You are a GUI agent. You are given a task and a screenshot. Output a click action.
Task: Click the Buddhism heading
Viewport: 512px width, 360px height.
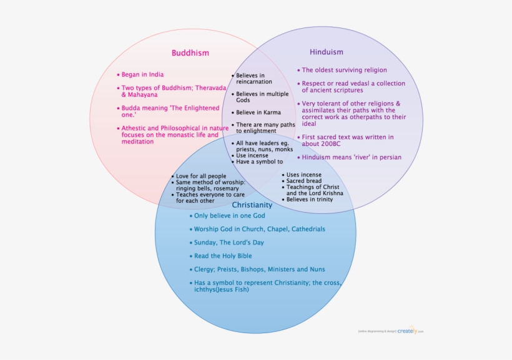190,53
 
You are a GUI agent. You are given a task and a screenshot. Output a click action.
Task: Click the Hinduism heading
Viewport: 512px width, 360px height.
327,52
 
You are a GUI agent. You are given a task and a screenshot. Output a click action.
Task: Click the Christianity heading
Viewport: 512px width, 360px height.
252,205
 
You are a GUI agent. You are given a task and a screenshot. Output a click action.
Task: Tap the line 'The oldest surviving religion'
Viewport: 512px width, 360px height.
344,71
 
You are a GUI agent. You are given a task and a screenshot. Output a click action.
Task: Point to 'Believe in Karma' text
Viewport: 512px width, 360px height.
258,113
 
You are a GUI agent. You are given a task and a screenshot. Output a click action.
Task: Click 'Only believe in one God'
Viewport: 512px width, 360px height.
229,216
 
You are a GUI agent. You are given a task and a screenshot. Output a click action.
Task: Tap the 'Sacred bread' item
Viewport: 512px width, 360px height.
304,181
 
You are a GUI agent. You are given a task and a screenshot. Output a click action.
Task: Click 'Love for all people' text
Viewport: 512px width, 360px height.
201,177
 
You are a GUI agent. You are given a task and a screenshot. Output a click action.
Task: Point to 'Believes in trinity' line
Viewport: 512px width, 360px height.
310,200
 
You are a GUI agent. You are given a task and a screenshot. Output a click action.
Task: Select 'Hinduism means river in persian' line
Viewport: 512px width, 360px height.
352,157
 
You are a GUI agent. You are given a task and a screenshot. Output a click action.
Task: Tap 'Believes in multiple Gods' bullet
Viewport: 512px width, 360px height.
262,97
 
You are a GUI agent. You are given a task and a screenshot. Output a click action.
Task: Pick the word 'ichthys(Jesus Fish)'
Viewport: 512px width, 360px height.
221,289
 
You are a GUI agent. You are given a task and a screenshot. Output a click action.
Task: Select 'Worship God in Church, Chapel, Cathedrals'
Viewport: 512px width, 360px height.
259,229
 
